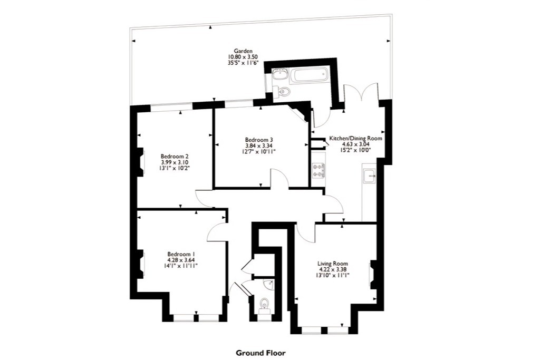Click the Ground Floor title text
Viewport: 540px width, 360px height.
(261, 353)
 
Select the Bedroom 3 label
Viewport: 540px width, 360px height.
(259, 140)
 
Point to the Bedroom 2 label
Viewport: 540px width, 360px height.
(175, 156)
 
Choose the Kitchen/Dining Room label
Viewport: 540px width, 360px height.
(356, 138)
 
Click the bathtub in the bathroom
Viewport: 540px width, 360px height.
(310, 75)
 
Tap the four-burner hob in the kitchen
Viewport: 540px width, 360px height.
(318, 170)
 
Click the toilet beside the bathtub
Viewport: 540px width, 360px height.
(283, 91)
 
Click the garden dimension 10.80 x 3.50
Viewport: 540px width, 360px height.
(243, 57)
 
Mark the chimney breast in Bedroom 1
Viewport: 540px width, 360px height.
(140, 264)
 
